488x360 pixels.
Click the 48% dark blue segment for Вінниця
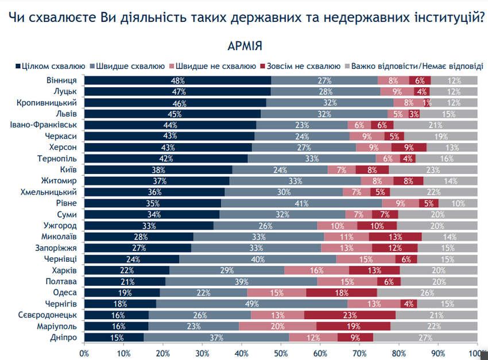[177, 80]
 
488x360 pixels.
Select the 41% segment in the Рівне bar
[301, 203]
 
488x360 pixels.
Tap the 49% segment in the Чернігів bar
[251, 304]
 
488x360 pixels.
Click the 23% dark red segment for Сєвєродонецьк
[350, 315]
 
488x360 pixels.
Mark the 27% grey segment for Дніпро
[425, 338]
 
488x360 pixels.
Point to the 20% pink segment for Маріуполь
[277, 326]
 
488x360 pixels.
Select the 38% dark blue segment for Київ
[158, 170]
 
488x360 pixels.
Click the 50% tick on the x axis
[281, 353]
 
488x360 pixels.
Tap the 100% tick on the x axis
[477, 353]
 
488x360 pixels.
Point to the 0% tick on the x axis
[84, 353]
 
